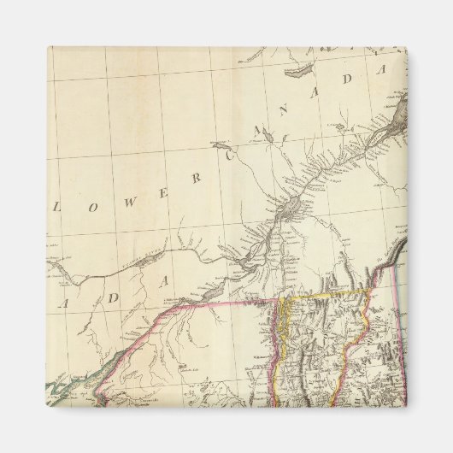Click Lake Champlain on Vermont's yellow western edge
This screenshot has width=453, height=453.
pyautogui.click(x=285, y=325)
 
